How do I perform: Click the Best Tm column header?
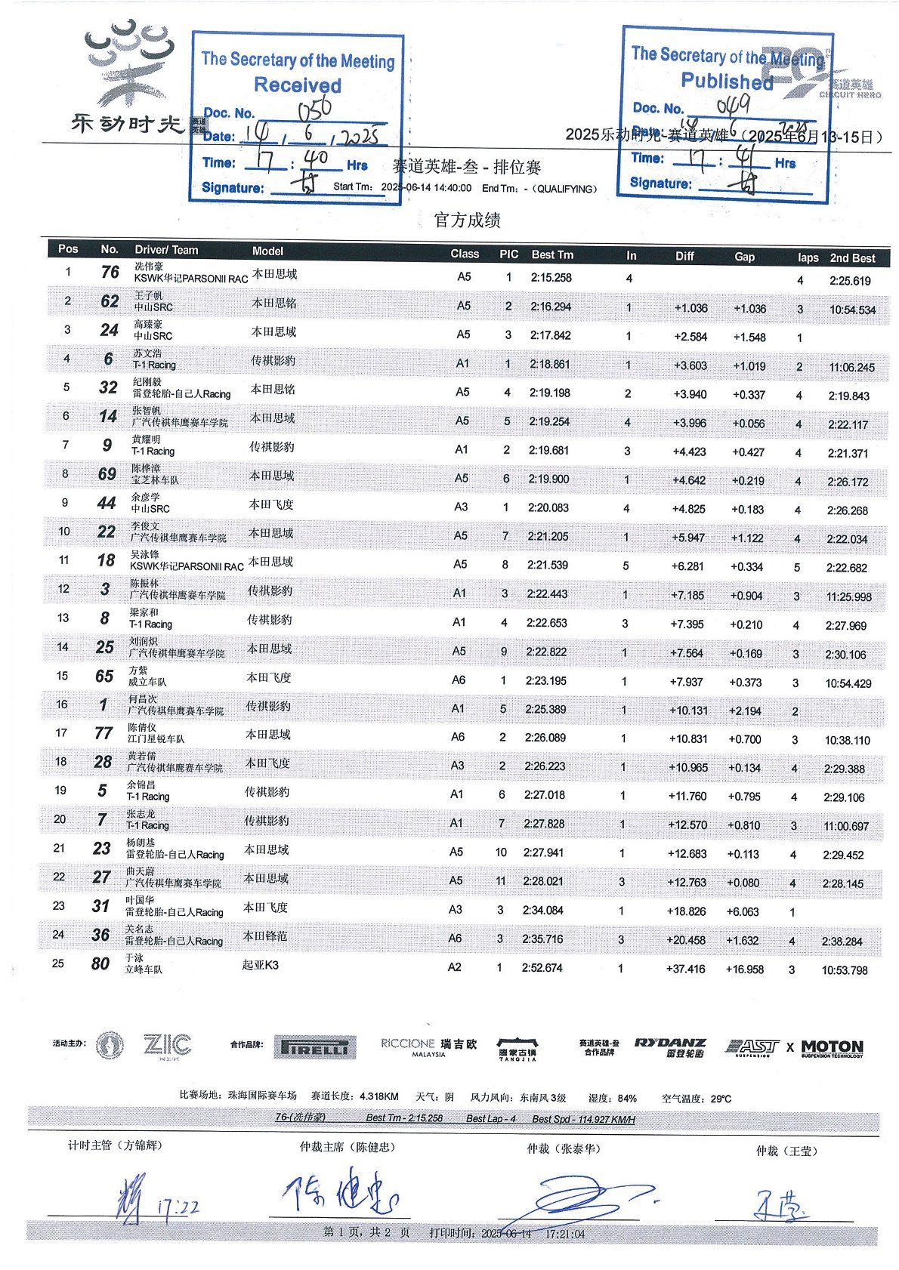[x=552, y=255]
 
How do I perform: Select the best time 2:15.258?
[x=551, y=278]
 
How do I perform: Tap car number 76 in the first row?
[x=110, y=272]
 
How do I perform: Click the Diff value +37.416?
[x=686, y=969]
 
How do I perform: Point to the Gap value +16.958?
[x=744, y=969]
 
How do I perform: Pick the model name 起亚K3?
[x=260, y=965]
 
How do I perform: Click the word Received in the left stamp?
[x=298, y=85]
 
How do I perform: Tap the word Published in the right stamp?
[x=727, y=81]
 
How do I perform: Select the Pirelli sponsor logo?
[x=314, y=1047]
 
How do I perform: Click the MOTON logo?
[x=832, y=1047]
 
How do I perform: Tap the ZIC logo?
[x=167, y=1046]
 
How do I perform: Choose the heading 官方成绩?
[x=467, y=220]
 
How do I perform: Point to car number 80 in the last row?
[x=100, y=963]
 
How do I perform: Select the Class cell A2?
[x=454, y=967]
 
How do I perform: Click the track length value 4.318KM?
[x=379, y=1096]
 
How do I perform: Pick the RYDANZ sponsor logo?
[x=669, y=1047]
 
